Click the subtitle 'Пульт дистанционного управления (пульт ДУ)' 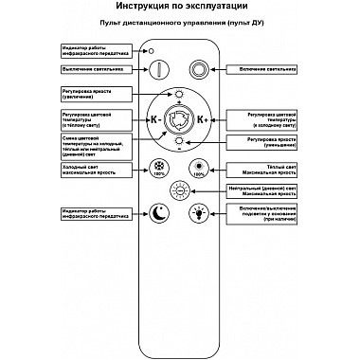179,30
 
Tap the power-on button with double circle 198,71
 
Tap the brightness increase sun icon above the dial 179,94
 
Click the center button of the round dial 179,118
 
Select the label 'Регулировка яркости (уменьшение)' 262,141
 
